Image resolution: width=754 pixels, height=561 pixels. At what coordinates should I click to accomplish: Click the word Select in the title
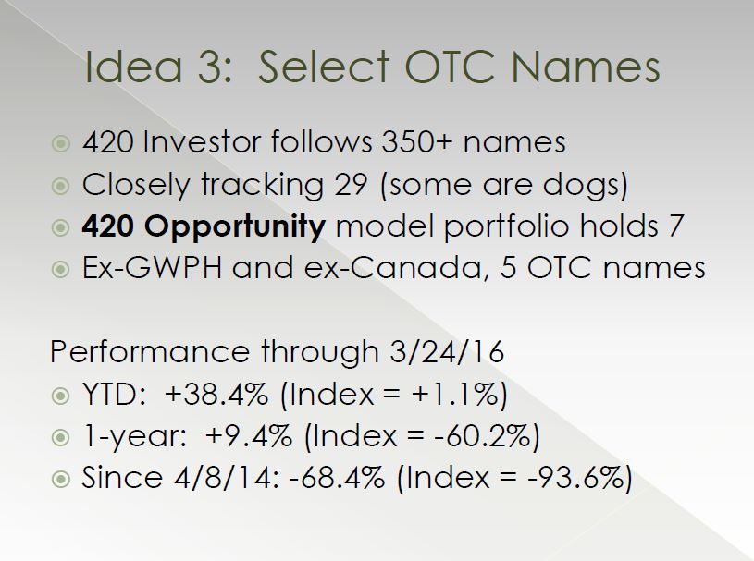(x=324, y=67)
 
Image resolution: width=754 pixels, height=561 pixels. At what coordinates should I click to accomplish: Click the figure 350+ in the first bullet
(x=416, y=142)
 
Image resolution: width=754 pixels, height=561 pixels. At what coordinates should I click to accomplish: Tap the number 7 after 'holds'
(x=675, y=226)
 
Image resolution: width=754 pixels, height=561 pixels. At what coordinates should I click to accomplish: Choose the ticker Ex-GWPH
(x=152, y=267)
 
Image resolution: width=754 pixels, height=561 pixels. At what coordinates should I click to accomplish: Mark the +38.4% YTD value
(x=216, y=395)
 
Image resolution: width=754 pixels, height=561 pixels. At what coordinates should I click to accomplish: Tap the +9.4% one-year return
(x=248, y=436)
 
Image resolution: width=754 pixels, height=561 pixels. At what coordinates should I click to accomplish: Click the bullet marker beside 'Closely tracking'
(x=60, y=186)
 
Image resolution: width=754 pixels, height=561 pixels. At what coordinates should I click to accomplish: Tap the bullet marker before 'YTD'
(x=60, y=396)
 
